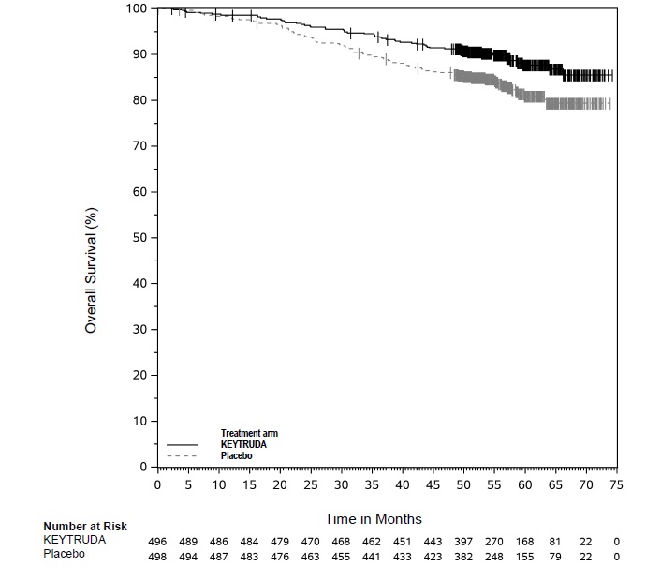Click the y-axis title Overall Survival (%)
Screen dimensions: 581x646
(x=91, y=270)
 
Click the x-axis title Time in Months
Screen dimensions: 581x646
(x=373, y=518)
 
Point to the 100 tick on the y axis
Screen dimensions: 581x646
(x=137, y=8)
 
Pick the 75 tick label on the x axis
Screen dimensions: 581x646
(x=616, y=484)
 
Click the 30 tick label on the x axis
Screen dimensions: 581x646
(x=341, y=484)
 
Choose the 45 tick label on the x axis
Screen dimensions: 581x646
(x=433, y=484)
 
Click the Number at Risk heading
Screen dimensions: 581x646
(x=85, y=527)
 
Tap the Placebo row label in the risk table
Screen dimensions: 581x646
(x=65, y=556)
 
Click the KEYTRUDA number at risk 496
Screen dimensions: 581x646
(x=158, y=542)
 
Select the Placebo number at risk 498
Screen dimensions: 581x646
(x=158, y=557)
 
